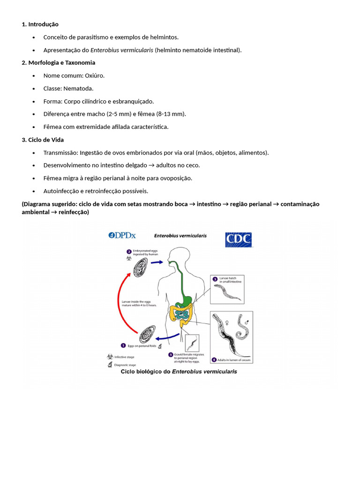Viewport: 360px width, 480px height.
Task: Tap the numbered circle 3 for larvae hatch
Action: pyautogui.click(x=215, y=279)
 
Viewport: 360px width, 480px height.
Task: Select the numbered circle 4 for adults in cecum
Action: pyautogui.click(x=214, y=360)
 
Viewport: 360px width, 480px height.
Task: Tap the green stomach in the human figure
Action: pyautogui.click(x=187, y=300)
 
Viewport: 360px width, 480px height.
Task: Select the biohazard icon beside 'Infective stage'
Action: pyautogui.click(x=110, y=356)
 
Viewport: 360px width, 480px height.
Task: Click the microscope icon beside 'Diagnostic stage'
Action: pyautogui.click(x=110, y=364)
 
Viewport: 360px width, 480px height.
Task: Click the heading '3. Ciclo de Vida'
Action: pyautogui.click(x=43, y=140)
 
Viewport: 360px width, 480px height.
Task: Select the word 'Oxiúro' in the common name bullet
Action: pyautogui.click(x=94, y=75)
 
